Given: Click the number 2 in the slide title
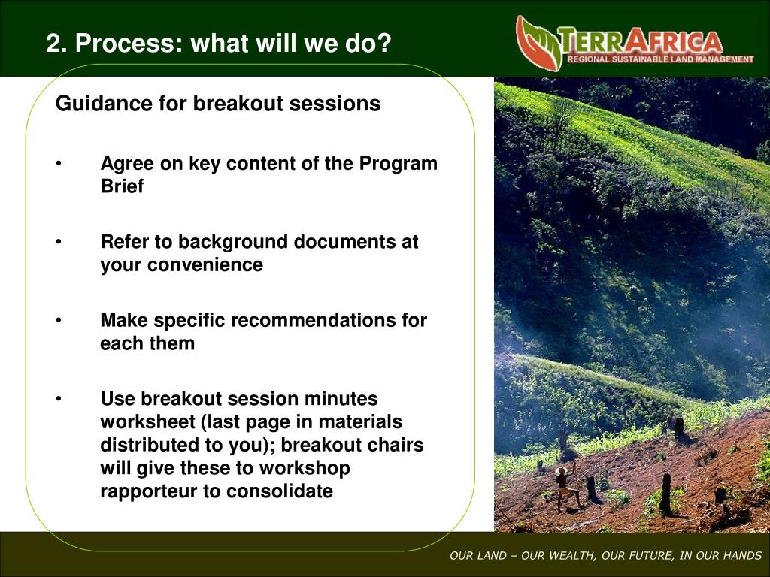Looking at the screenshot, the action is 53,43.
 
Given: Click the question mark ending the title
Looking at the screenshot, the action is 384,43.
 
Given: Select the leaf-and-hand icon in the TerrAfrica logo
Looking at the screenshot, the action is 539,43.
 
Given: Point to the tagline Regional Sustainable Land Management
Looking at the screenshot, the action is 660,59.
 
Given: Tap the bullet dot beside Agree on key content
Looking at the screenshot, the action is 59,163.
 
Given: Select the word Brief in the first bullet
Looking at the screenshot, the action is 122,186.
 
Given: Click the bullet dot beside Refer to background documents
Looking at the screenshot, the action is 59,241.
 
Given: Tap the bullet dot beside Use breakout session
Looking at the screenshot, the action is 59,398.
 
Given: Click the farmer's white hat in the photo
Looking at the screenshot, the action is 561,470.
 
